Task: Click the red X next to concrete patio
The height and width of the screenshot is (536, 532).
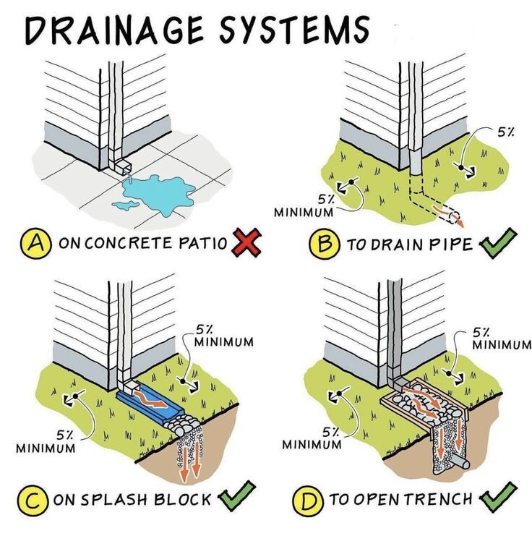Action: click(246, 243)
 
